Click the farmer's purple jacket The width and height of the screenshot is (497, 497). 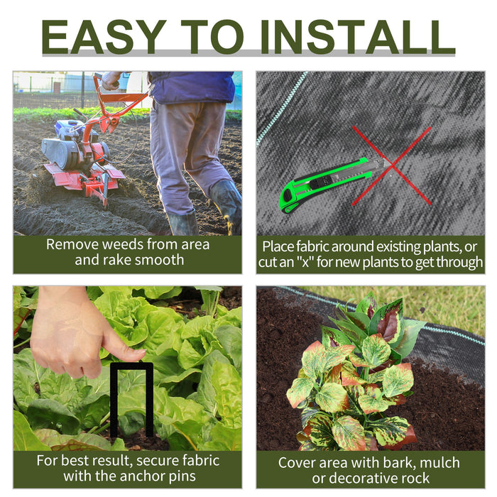(192, 87)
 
